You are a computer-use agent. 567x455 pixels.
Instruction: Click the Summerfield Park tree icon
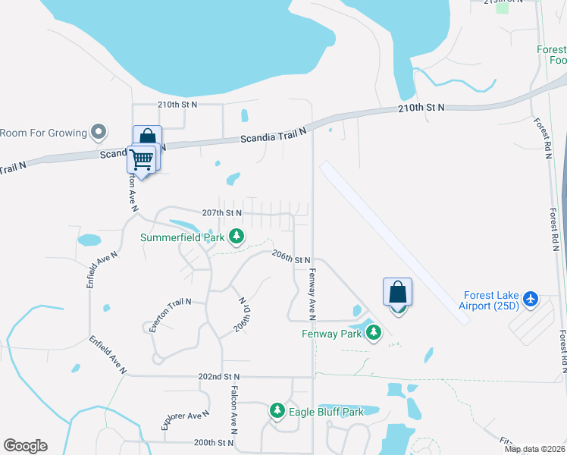coord(237,237)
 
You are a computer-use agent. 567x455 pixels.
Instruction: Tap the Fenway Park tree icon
coord(373,334)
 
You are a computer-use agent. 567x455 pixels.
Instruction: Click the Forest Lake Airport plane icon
coord(529,301)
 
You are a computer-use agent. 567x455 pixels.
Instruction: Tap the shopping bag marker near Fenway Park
coord(398,293)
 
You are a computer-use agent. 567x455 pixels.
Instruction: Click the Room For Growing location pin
coord(98,133)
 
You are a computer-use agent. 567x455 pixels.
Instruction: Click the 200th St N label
coord(214,442)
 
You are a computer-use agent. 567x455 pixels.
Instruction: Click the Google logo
coord(25,445)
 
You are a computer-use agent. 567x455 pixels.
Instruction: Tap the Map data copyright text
coord(535,449)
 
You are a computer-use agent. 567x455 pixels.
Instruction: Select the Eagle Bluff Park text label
coord(327,412)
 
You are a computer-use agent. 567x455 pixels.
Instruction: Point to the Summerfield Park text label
coord(182,237)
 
